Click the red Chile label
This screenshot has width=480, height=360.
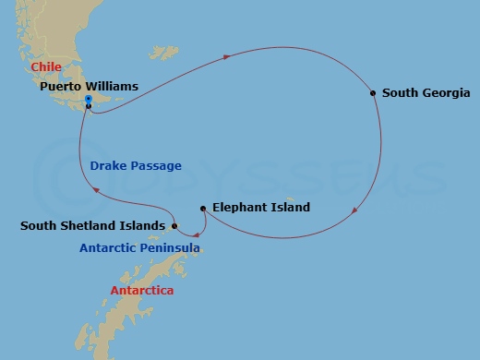(46, 67)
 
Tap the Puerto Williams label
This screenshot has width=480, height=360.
(89, 87)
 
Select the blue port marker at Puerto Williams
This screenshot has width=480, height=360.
(88, 100)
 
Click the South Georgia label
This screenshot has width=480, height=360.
(425, 93)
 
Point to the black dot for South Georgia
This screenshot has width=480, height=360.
(372, 92)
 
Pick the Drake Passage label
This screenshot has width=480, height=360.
(136, 166)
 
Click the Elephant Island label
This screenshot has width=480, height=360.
(260, 208)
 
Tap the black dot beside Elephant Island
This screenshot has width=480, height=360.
(203, 208)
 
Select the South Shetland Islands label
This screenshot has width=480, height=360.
(93, 224)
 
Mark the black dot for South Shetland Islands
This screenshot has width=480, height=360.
(174, 224)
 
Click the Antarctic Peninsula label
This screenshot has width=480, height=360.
(139, 248)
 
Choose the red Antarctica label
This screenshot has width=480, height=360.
(141, 291)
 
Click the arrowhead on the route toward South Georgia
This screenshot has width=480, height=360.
(227, 58)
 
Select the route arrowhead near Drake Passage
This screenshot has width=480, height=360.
(92, 190)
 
